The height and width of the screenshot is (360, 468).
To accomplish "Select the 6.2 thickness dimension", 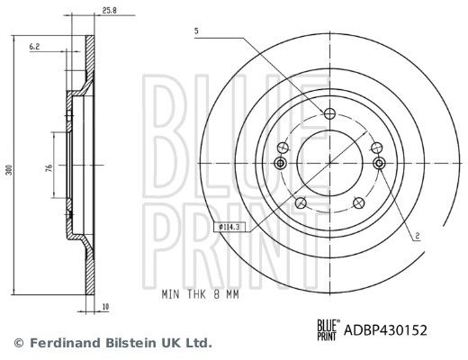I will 33,45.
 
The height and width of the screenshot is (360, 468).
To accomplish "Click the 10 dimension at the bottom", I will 105,307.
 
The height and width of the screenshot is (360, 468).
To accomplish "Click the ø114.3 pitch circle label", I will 232,227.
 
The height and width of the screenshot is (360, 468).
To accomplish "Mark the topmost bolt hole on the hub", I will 328,113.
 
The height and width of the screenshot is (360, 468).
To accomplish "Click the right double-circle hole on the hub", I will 378,163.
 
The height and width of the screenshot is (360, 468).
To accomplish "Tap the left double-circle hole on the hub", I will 280,163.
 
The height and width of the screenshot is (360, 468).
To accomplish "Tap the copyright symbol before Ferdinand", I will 17,343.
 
